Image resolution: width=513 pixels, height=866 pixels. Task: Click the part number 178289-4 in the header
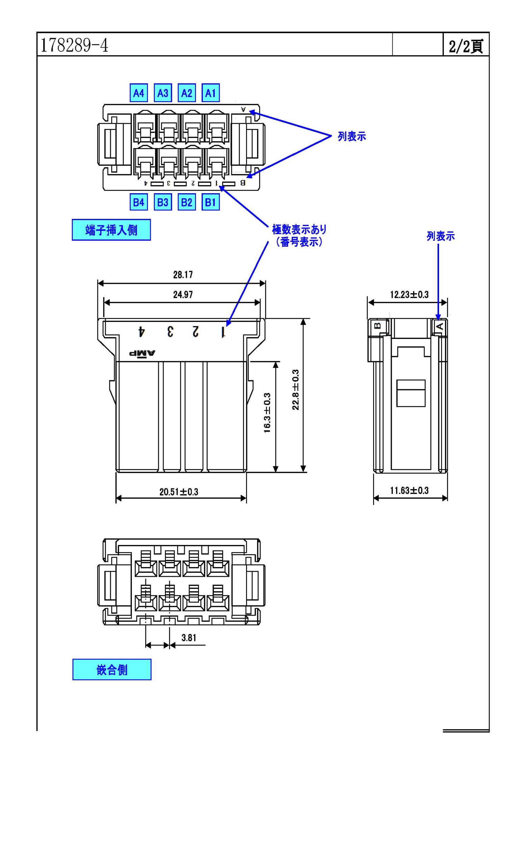coord(74,45)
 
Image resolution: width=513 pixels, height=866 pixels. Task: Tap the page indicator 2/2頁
coord(466,46)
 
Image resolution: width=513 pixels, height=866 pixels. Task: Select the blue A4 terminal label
coord(139,93)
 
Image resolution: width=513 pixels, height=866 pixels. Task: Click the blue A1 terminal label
coord(211,93)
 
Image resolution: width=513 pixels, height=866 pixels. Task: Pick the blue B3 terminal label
coord(163,202)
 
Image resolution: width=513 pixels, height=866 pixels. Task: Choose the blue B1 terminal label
coord(211,202)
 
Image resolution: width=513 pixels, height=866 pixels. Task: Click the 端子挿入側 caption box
coord(111,230)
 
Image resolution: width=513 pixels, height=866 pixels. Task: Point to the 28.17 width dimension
coord(183,275)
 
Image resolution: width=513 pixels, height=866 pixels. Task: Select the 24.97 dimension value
coord(183,294)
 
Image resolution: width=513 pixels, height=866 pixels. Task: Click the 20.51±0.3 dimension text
coord(179,492)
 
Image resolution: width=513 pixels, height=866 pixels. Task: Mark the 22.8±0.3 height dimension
coord(296,390)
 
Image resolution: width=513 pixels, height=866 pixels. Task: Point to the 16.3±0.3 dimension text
coord(267,413)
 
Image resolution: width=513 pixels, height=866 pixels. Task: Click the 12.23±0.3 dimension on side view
coord(409,294)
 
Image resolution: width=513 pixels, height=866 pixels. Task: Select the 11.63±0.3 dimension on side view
coord(409,490)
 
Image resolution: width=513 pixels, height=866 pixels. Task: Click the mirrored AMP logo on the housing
coord(142,353)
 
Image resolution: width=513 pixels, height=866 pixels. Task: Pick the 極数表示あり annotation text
coord(299,229)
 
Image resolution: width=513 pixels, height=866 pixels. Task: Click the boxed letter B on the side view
coord(378,325)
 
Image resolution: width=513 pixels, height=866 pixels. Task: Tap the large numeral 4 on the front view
coord(141,332)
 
